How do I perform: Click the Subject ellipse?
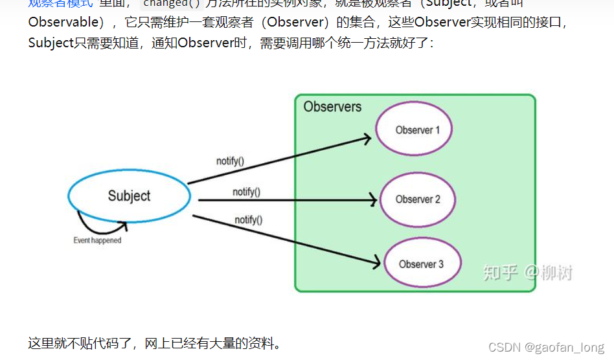coord(129,196)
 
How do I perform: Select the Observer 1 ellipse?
coord(415,129)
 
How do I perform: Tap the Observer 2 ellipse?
coord(418,199)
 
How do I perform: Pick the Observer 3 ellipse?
coord(422,264)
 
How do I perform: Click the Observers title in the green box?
coord(332,107)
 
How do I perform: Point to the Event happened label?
coord(97,240)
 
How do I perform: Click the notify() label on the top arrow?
coord(230,161)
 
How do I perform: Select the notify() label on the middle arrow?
coord(247,192)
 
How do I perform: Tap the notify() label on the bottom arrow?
coord(249,220)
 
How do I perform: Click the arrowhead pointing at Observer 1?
coord(367,137)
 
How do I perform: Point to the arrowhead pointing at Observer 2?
coord(372,200)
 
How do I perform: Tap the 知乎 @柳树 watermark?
coord(528,273)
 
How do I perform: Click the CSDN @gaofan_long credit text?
coord(547,348)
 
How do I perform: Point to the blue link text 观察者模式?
coord(60,3)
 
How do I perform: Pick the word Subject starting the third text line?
coord(51,43)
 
